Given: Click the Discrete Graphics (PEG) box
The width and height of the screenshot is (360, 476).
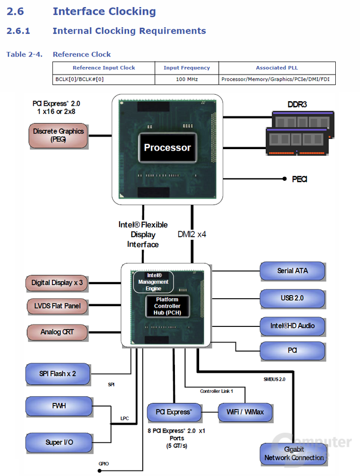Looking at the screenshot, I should click(58, 135).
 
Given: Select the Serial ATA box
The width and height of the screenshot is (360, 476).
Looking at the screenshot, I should click(292, 271).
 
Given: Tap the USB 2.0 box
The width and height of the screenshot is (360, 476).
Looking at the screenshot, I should click(292, 298).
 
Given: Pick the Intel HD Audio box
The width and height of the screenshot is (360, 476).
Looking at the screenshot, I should click(292, 326).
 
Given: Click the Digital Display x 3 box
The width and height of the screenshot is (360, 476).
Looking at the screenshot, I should click(56, 283).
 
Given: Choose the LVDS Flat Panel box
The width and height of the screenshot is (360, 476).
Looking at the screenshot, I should click(56, 306).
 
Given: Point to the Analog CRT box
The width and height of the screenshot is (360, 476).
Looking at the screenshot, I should click(56, 332).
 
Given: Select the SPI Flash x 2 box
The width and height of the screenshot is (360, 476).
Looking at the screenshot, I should click(58, 374).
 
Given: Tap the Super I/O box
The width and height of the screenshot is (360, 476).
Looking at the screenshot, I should click(59, 442).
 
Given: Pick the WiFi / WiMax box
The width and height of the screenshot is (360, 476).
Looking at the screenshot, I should click(245, 412).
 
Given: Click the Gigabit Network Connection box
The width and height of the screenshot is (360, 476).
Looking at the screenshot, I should click(294, 453).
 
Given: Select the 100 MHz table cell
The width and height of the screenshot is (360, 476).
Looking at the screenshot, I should click(187, 79).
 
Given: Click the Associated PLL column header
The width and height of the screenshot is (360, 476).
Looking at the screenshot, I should click(277, 67).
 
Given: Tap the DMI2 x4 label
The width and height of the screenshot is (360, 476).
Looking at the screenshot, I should click(192, 234).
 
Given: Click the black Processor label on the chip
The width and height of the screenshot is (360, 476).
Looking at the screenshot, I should click(167, 148).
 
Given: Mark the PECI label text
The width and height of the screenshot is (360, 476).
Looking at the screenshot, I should click(299, 179).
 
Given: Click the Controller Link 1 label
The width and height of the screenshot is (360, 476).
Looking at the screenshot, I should click(216, 391).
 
